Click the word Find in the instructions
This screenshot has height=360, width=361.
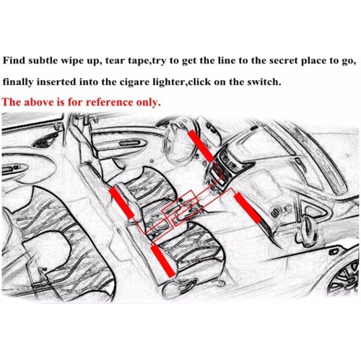(14, 60)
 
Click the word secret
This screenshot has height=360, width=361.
(283, 61)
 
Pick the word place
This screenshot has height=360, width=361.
(315, 61)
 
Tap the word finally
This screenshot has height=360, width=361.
(18, 82)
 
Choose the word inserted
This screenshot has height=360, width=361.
(56, 82)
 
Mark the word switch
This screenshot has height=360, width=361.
(265, 82)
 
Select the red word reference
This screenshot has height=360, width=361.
(110, 102)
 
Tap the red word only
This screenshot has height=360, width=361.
(149, 103)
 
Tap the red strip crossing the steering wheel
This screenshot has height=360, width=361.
(201, 146)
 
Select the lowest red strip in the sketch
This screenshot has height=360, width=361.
(162, 260)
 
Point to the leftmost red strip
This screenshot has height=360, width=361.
(121, 203)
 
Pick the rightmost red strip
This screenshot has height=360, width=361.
(248, 208)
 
